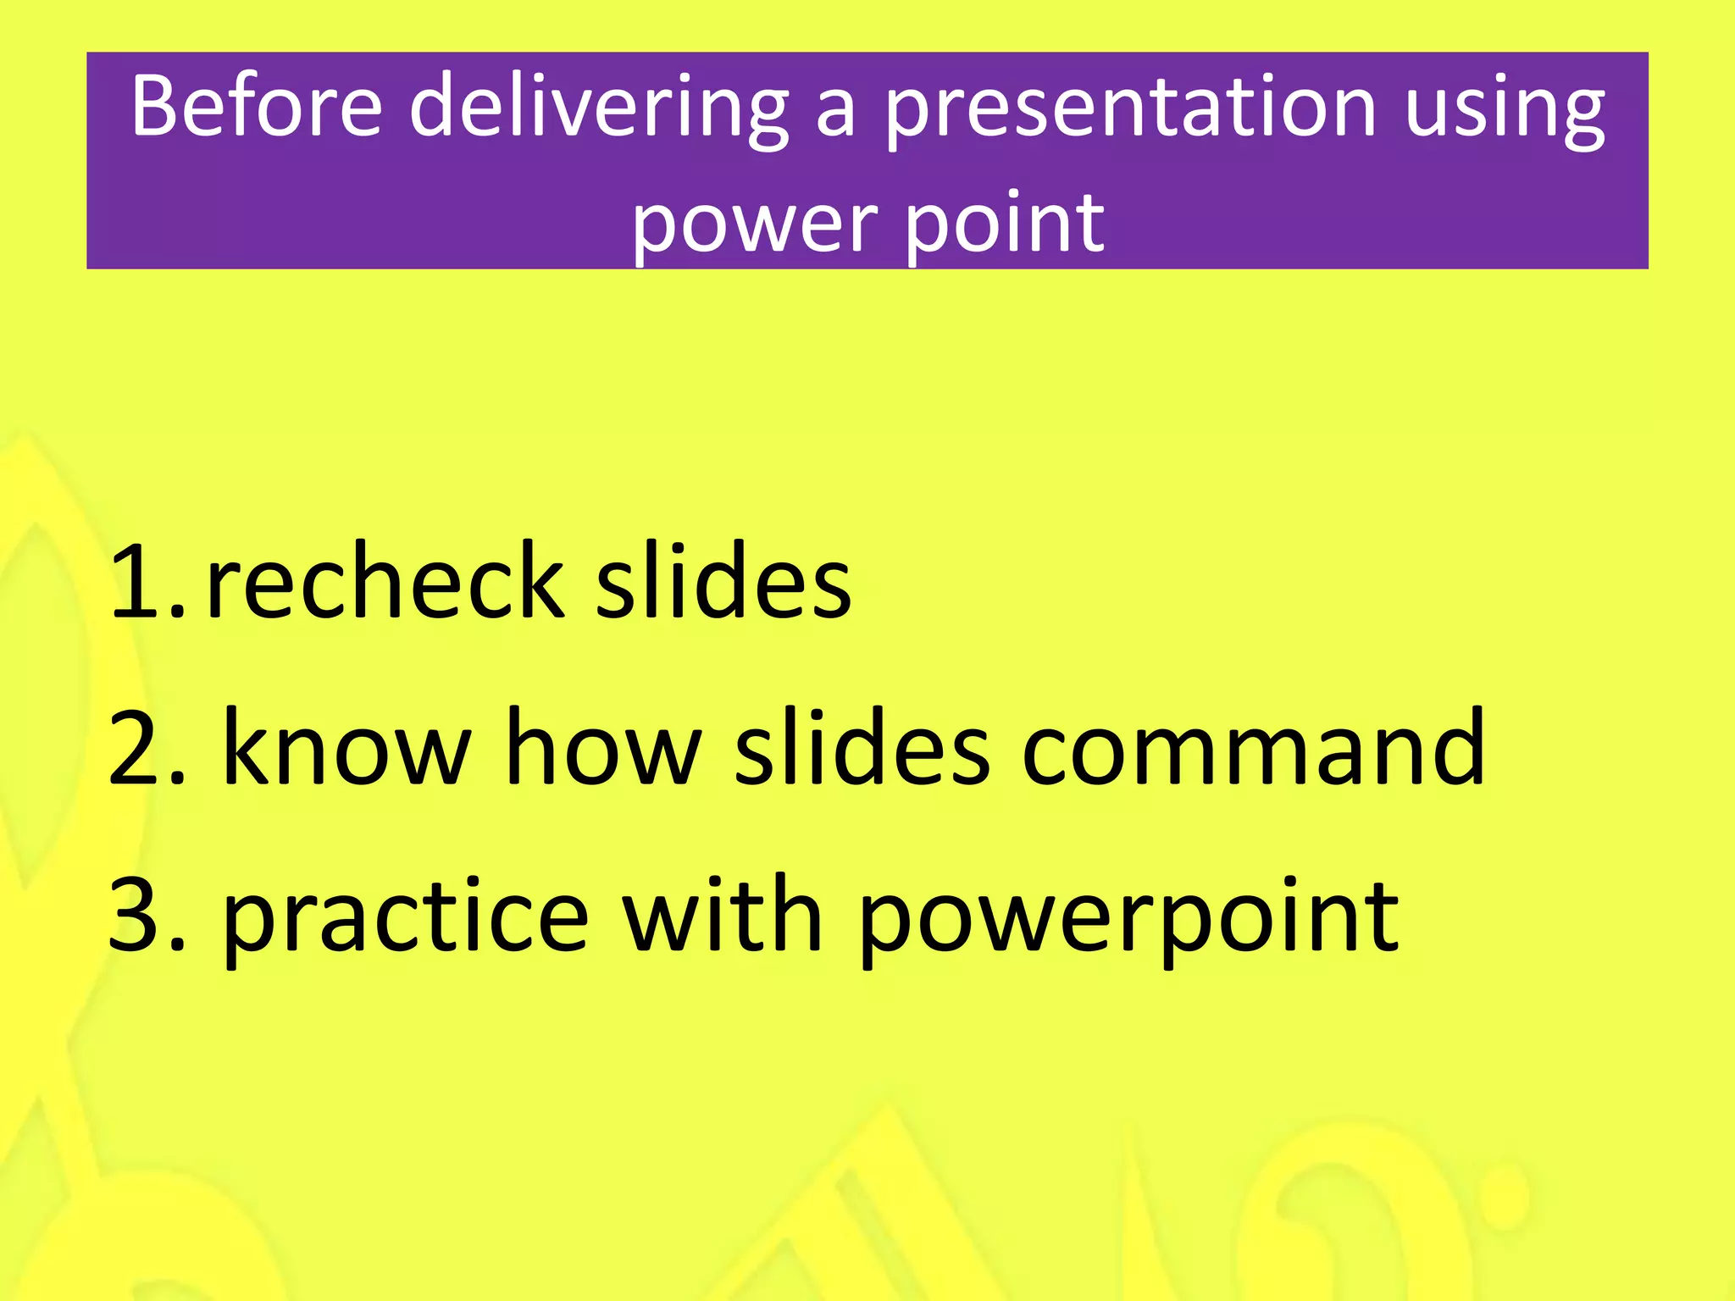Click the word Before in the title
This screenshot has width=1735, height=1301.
point(257,107)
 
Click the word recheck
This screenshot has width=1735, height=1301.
point(385,582)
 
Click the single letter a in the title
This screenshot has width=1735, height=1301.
point(834,113)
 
